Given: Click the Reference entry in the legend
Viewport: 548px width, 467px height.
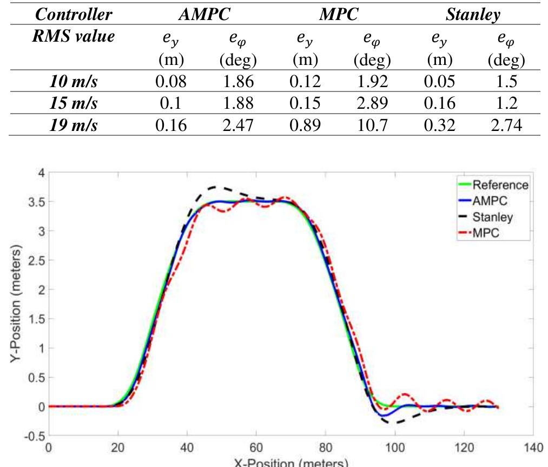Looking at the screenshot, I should click(500, 185).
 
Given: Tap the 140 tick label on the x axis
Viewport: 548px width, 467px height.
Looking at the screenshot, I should click(533, 449).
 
